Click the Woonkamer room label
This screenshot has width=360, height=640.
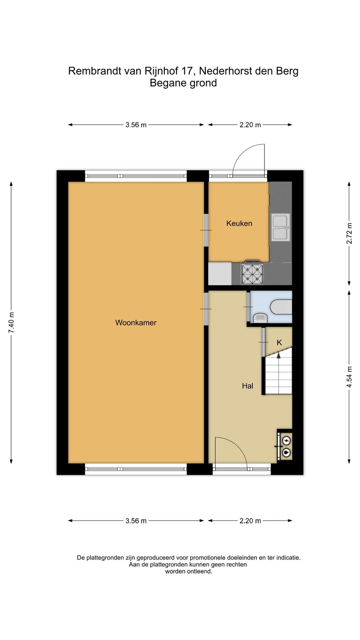(136, 323)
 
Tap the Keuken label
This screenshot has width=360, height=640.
(239, 224)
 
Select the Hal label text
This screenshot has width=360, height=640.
(248, 386)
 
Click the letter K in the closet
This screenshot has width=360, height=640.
(279, 342)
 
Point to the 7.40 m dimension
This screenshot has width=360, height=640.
(12, 323)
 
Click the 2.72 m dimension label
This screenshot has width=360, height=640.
(349, 233)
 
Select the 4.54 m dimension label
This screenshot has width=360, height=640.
(349, 377)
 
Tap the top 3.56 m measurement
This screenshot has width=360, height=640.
(136, 125)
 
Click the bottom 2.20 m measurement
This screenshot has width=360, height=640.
(250, 521)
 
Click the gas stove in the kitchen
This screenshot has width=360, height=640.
(252, 273)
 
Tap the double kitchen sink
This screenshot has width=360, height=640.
(280, 228)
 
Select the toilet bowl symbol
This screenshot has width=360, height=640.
(260, 318)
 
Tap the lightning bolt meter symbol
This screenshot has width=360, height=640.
(286, 441)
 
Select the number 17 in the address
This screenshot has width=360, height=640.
(186, 71)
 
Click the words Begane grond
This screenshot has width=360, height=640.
(184, 83)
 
